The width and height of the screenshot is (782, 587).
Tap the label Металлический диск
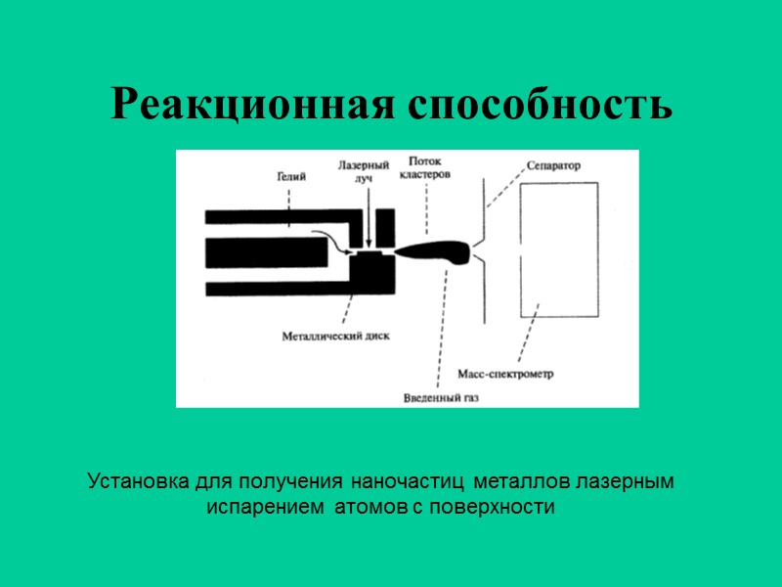(335, 335)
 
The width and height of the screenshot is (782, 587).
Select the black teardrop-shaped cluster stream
(435, 251)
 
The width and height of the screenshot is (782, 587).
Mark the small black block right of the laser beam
(385, 227)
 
